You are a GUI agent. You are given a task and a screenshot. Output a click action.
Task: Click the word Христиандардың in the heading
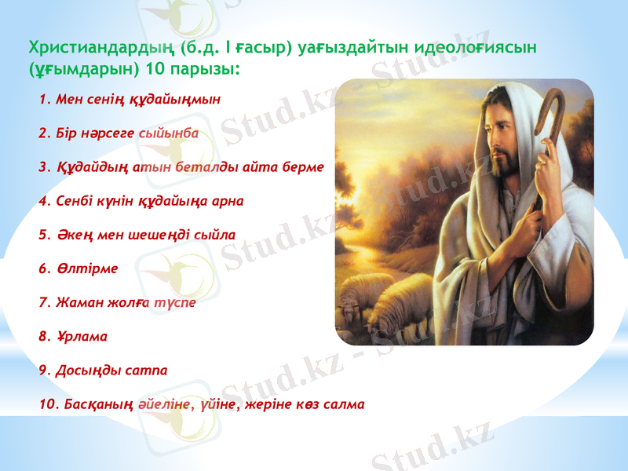100,48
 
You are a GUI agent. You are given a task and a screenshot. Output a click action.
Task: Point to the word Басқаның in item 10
100,404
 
